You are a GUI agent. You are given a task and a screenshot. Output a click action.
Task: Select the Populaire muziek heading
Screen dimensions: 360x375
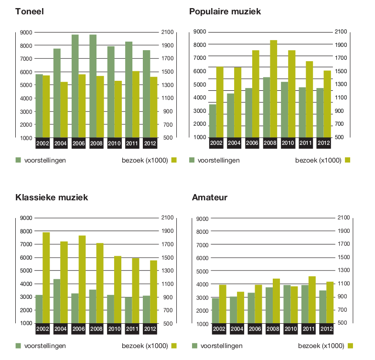pyautogui.click(x=225, y=11)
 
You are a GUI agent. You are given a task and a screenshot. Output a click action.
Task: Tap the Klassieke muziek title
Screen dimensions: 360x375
pyautogui.click(x=52, y=197)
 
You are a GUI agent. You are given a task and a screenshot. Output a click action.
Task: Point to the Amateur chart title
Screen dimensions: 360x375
pyautogui.click(x=209, y=197)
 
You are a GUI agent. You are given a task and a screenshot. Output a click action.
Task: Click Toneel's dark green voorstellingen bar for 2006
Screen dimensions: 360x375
pyautogui.click(x=75, y=86)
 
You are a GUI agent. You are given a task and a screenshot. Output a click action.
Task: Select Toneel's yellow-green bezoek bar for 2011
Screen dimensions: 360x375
pyautogui.click(x=136, y=104)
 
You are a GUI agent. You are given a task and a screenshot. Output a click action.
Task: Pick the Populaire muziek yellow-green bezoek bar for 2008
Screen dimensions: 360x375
pyautogui.click(x=273, y=89)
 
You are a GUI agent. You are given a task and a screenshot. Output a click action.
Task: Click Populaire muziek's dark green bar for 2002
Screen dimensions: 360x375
pyautogui.click(x=213, y=121)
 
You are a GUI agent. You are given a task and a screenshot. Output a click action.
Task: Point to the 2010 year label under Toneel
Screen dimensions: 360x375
pyautogui.click(x=114, y=143)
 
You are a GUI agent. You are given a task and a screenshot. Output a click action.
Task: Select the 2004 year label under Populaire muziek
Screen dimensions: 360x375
pyautogui.click(x=234, y=143)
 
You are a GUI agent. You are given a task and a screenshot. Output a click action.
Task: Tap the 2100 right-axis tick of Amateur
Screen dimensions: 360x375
pyautogui.click(x=344, y=218)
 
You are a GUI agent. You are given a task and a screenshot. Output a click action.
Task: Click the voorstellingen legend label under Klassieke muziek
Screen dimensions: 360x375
pyautogui.click(x=45, y=346)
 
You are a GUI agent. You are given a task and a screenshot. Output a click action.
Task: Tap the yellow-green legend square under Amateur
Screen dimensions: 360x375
pyautogui.click(x=351, y=346)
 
